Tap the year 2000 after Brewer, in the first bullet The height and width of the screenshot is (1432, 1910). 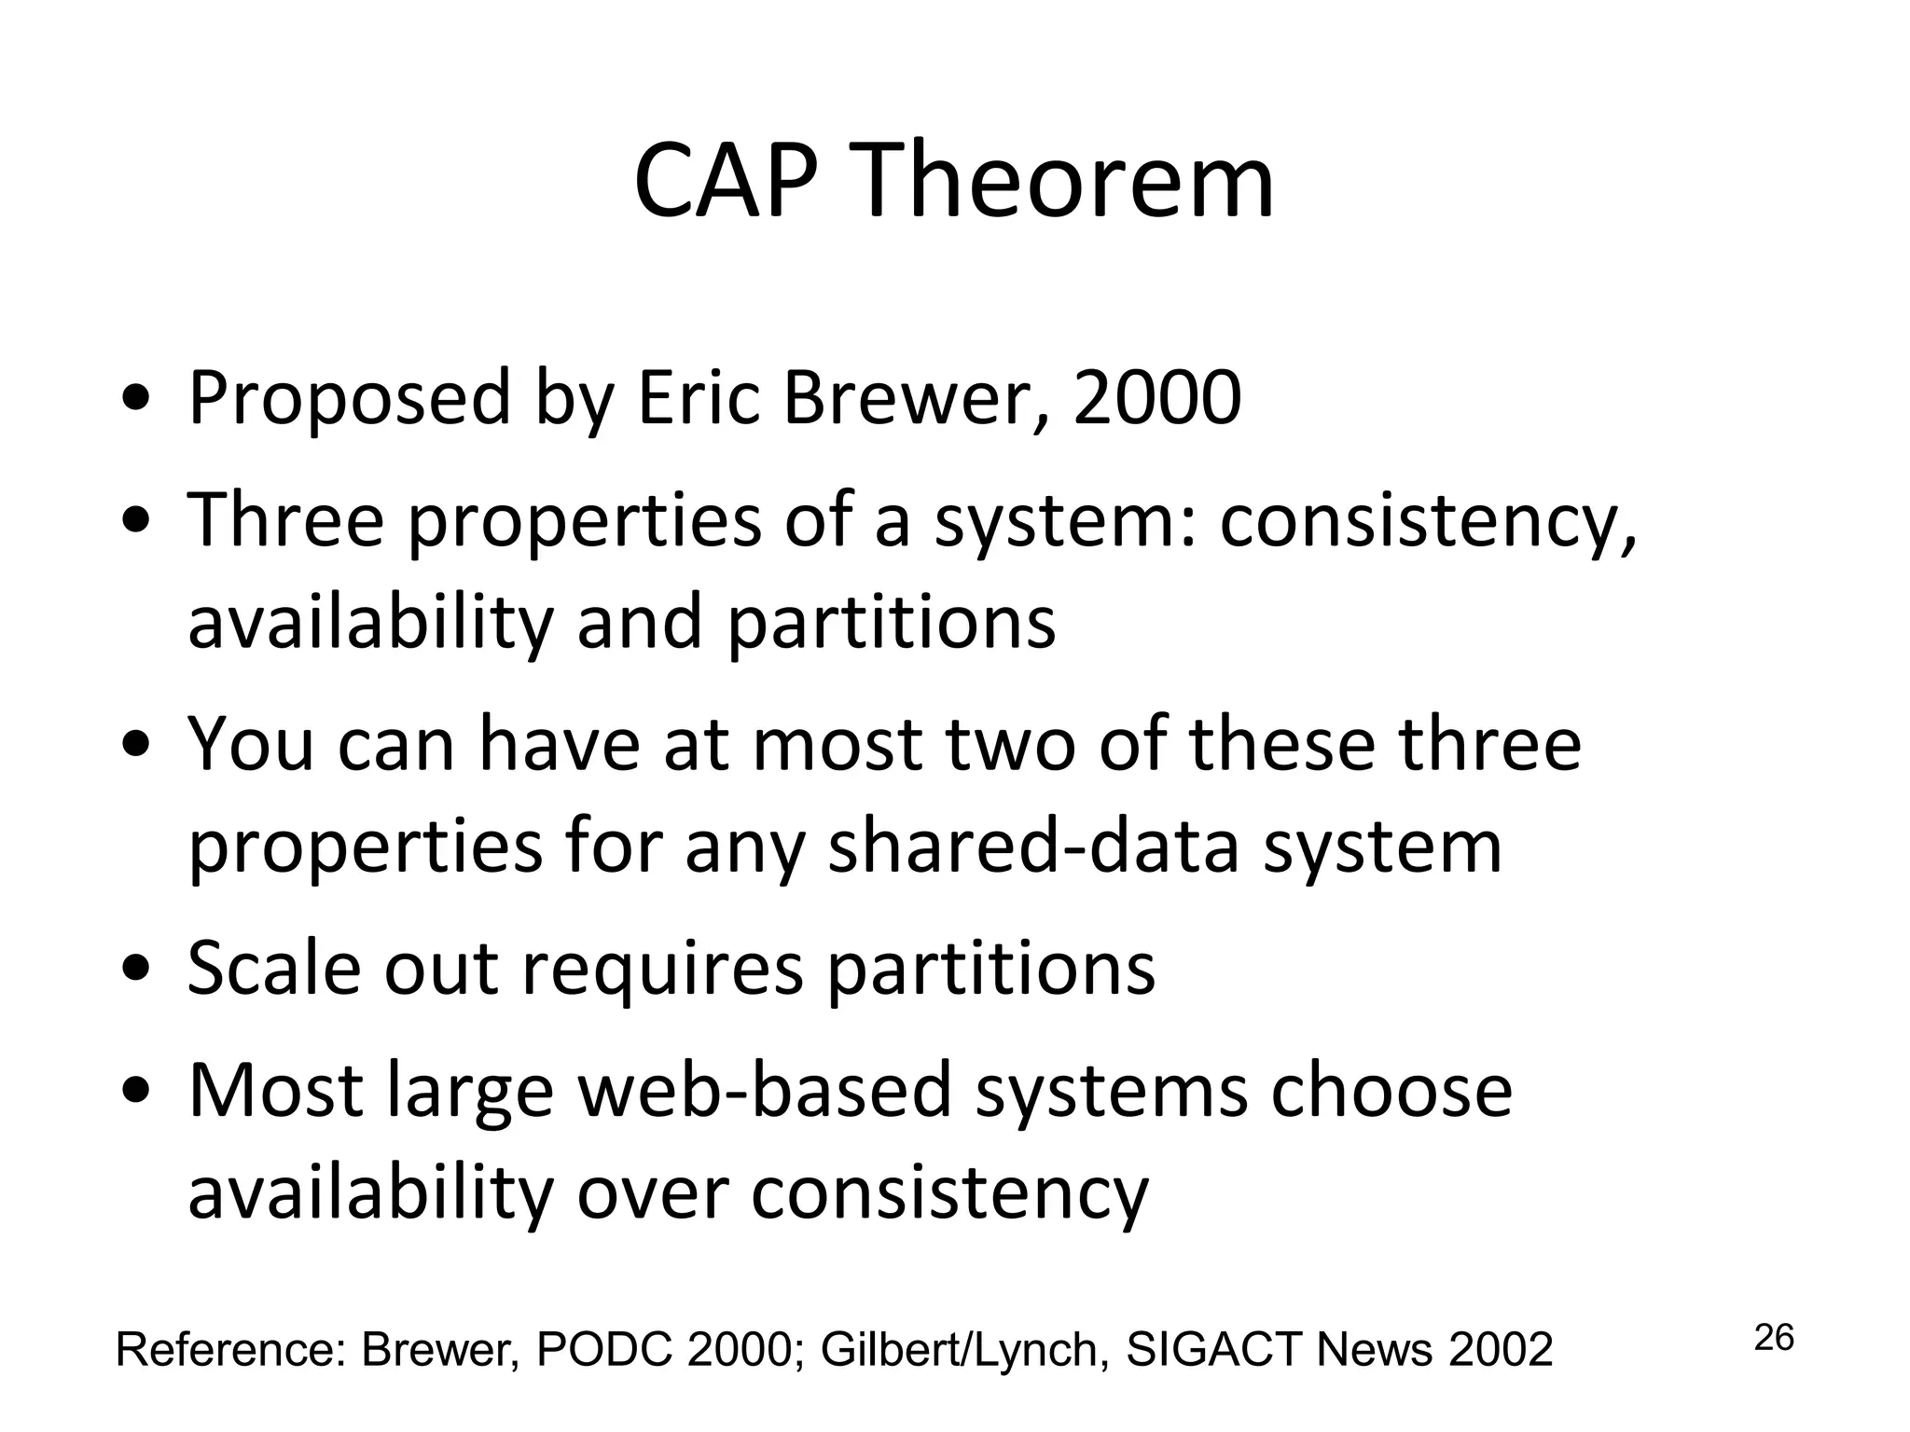pos(1156,399)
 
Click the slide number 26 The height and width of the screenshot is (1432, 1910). pos(1774,1338)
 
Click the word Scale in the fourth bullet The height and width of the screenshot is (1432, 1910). pos(274,969)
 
